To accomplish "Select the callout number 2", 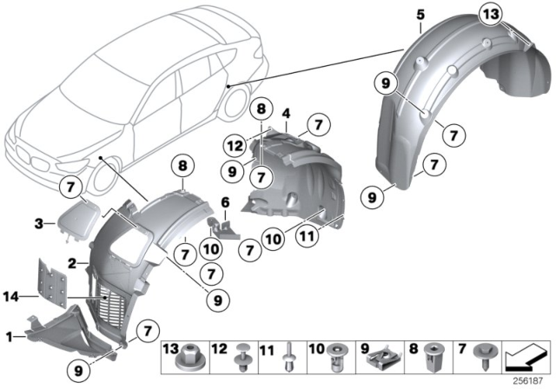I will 73,260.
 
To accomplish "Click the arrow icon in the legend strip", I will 528,357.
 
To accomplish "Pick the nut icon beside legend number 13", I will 185,358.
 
